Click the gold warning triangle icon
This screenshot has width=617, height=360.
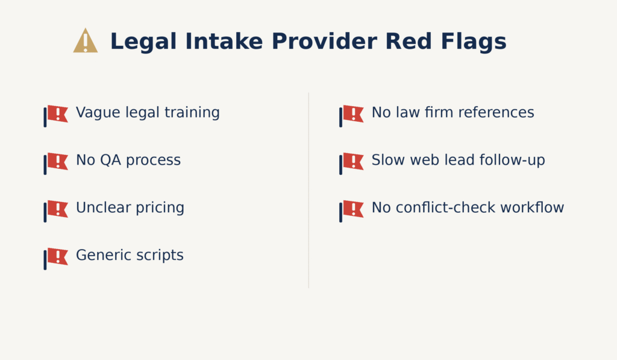(x=86, y=40)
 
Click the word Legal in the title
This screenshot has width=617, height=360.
(x=143, y=42)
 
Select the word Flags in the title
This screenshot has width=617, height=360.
(x=474, y=42)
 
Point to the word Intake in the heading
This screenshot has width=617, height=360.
(x=224, y=42)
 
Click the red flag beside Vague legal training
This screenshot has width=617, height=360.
(x=56, y=116)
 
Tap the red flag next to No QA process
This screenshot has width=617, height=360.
(x=56, y=163)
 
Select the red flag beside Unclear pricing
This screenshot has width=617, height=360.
(x=56, y=211)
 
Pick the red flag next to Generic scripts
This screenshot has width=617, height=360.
(x=56, y=259)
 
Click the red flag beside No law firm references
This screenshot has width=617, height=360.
(x=352, y=116)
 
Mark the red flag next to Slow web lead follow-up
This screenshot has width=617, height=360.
(x=352, y=163)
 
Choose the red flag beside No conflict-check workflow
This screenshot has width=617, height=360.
(x=352, y=211)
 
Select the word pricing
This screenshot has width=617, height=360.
(x=160, y=208)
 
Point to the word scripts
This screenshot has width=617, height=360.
(x=161, y=255)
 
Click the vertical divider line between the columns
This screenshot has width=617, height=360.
(x=308, y=190)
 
